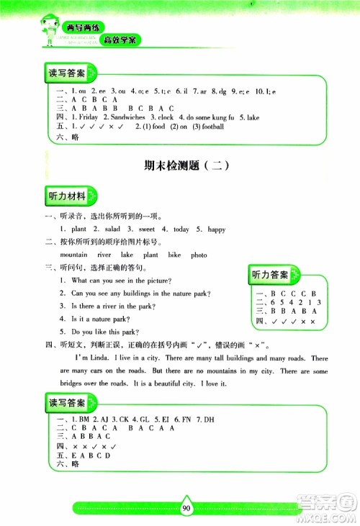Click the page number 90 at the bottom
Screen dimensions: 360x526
(x=186, y=508)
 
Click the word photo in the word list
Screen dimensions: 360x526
(x=199, y=255)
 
